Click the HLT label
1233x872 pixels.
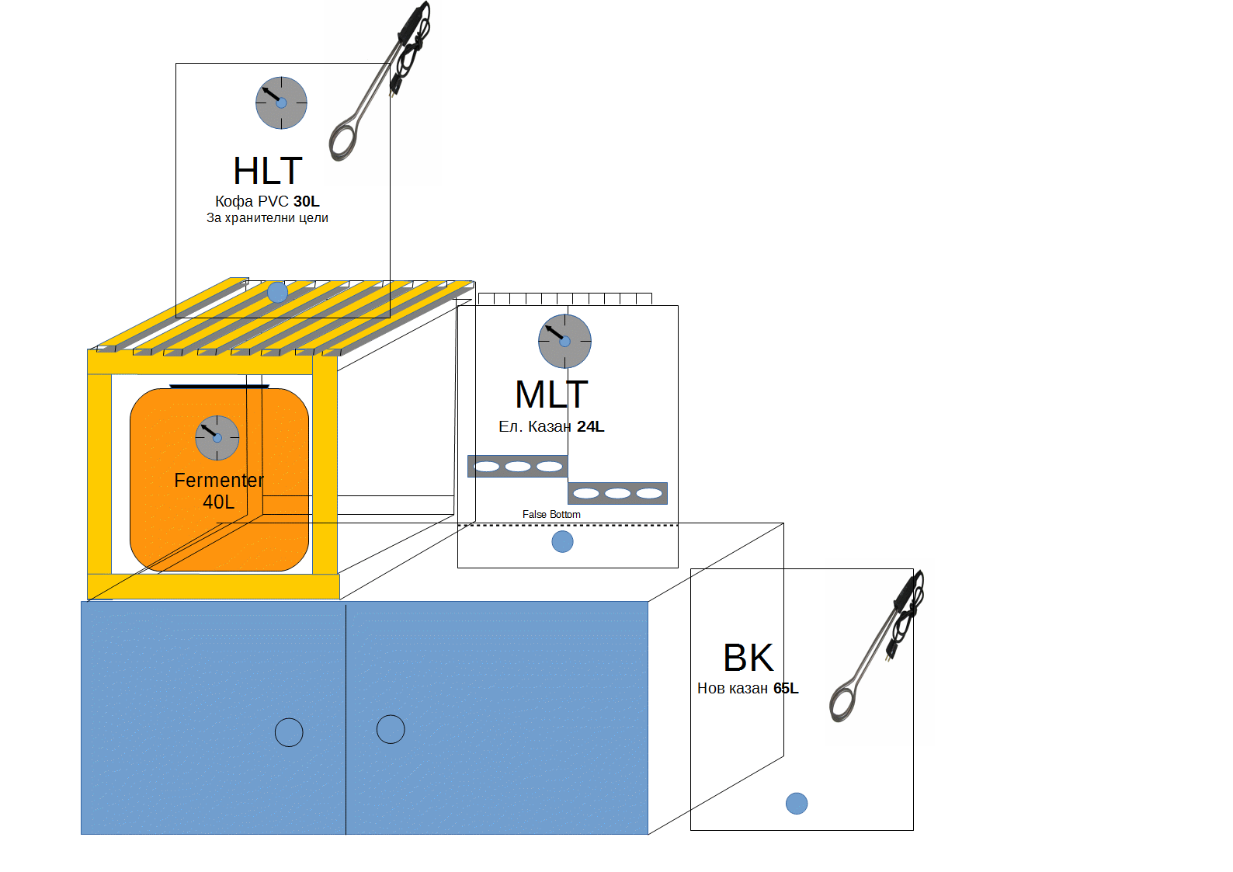point(267,171)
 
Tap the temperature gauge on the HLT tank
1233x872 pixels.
point(281,102)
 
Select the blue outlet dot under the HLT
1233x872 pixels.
point(277,293)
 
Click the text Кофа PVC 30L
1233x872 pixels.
point(267,201)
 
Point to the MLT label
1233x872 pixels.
point(551,394)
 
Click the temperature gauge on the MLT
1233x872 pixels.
point(564,341)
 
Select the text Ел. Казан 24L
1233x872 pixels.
point(551,426)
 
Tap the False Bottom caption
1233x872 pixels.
point(551,515)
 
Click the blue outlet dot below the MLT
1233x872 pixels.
point(562,541)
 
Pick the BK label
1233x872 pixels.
point(748,658)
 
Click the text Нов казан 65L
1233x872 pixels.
point(747,688)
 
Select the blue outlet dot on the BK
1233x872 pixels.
point(797,803)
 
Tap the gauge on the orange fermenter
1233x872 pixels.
point(217,437)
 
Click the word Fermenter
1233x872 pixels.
point(219,481)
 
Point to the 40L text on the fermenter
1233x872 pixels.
point(218,502)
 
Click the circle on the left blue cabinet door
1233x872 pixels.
point(289,732)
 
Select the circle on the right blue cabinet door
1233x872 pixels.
point(391,729)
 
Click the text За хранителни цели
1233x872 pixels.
point(267,218)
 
